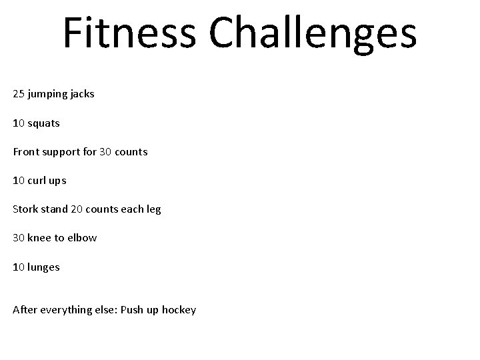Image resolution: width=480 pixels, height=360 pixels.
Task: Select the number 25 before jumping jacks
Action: [19, 94]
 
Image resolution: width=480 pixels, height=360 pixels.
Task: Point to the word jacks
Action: [83, 94]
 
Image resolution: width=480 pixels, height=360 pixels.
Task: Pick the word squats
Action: [43, 123]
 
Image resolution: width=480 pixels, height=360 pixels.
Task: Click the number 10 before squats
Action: [19, 123]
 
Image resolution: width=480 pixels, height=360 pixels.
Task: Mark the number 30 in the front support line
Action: [105, 151]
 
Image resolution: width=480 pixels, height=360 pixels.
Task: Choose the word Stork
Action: [26, 209]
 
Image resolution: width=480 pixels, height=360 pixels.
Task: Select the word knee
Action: [40, 238]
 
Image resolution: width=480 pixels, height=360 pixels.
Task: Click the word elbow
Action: [81, 238]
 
